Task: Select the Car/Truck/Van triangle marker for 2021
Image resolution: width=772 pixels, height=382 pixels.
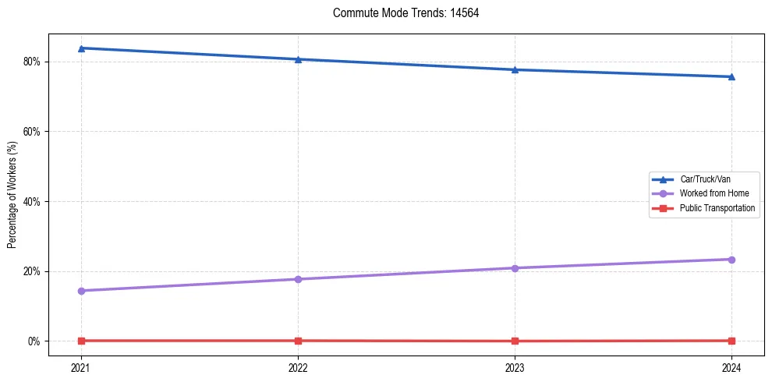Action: tap(81, 48)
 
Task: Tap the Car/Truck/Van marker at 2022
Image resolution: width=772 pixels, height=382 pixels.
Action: tap(298, 59)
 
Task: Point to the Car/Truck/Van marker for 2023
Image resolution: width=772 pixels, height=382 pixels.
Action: tap(515, 69)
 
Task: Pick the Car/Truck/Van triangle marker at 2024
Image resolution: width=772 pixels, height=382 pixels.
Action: tap(731, 76)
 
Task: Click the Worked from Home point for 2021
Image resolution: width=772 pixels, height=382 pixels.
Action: tap(81, 291)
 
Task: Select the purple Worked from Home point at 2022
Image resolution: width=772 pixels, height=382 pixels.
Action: tap(298, 279)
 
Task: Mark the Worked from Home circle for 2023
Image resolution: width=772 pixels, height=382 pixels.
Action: tap(515, 268)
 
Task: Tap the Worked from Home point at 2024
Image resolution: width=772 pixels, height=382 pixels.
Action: tap(731, 260)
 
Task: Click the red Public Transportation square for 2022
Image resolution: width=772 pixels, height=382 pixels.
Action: tap(298, 341)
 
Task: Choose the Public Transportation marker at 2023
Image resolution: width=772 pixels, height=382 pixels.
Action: tap(515, 341)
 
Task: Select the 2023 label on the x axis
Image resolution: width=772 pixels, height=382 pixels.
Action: tap(515, 366)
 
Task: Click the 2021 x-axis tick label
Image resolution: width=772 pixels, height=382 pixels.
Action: tap(81, 366)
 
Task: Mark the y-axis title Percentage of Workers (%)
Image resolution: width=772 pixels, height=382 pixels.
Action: tap(12, 194)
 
